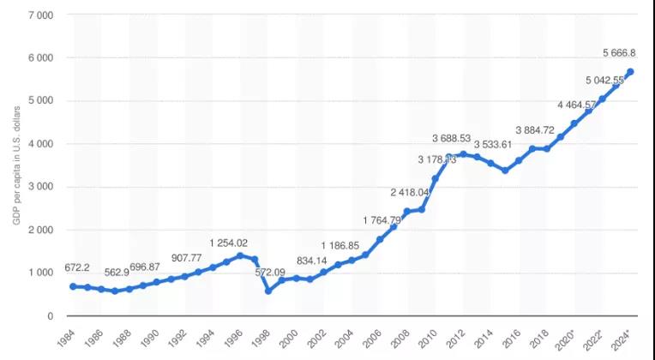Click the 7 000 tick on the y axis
tap(39, 15)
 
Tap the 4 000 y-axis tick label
tap(39, 144)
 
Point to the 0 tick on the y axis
tap(51, 315)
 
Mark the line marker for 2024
tap(629, 72)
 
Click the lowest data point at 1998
tap(268, 291)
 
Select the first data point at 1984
tap(74, 286)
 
